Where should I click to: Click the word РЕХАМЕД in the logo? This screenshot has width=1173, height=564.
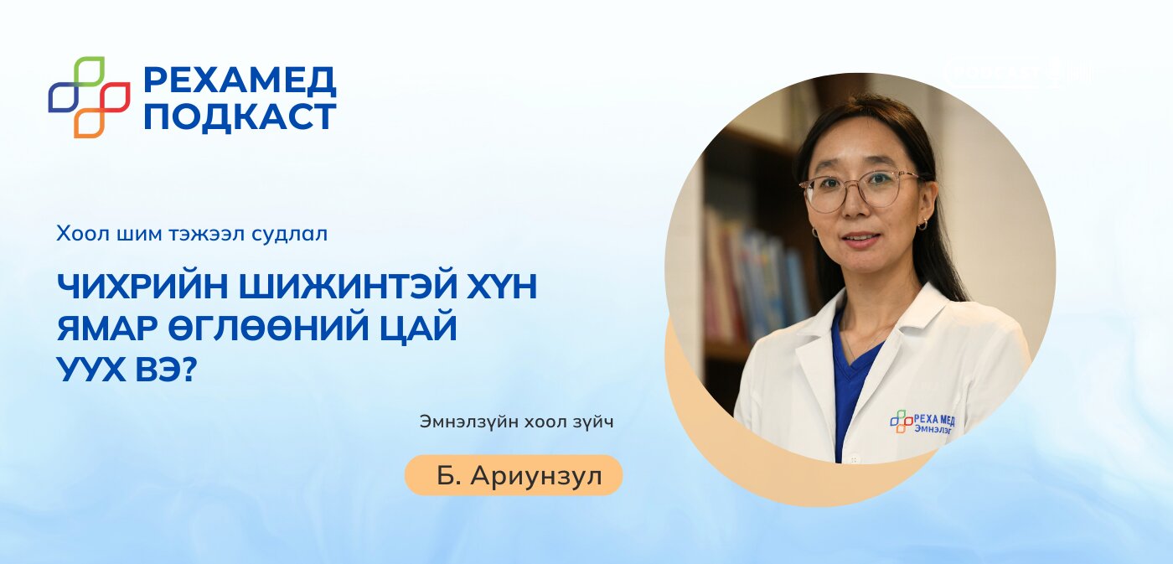point(240,80)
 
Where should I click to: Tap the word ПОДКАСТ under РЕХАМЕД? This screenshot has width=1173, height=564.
point(240,116)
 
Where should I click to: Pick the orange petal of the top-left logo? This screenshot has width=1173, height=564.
point(89,122)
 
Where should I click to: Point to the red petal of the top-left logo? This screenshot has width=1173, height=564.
point(115,97)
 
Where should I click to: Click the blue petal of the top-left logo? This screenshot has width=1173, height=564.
point(63,97)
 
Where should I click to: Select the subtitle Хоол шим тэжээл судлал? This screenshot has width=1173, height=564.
point(192,234)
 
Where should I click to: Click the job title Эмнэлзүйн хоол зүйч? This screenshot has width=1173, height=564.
point(516,422)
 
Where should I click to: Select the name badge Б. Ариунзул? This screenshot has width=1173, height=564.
point(514,476)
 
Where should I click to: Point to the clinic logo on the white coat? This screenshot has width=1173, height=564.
point(922,421)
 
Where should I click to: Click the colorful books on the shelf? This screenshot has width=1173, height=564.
point(754,277)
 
